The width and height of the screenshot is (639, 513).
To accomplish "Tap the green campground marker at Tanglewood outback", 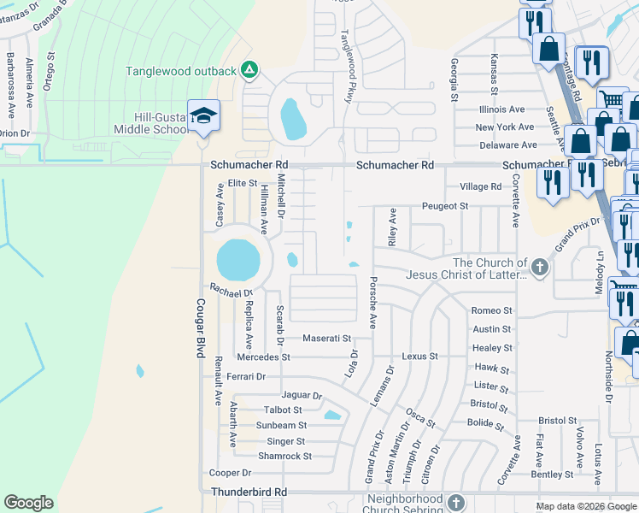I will point(249,70).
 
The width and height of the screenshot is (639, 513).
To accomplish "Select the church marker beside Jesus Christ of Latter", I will point(539,268).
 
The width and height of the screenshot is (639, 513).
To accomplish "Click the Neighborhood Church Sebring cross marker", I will point(455,503).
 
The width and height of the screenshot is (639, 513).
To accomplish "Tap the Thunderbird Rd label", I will point(249,492).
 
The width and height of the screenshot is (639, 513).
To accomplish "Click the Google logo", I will point(28,503).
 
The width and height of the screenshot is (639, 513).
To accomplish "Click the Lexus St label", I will point(419,356).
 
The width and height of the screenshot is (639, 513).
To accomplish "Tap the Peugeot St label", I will point(445,206).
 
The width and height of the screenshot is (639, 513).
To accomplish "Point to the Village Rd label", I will point(480,186).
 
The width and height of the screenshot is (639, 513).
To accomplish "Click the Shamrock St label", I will point(285,456).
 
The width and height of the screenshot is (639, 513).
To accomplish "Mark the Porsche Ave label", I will point(372,302).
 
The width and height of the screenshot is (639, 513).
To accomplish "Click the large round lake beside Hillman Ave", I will point(237,259).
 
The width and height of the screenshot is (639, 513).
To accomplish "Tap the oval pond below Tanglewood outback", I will point(292,119).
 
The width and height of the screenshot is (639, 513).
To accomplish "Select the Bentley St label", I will point(552,474).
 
